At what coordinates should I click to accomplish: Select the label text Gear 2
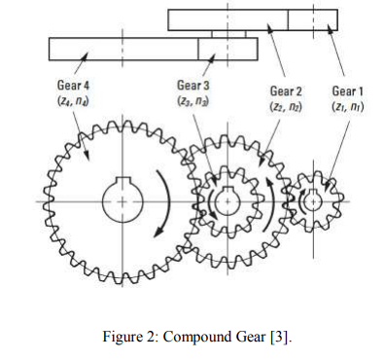point(288,90)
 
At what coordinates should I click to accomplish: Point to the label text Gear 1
point(347,90)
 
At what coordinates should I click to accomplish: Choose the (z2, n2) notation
point(288,105)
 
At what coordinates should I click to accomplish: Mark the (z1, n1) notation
point(347,105)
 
